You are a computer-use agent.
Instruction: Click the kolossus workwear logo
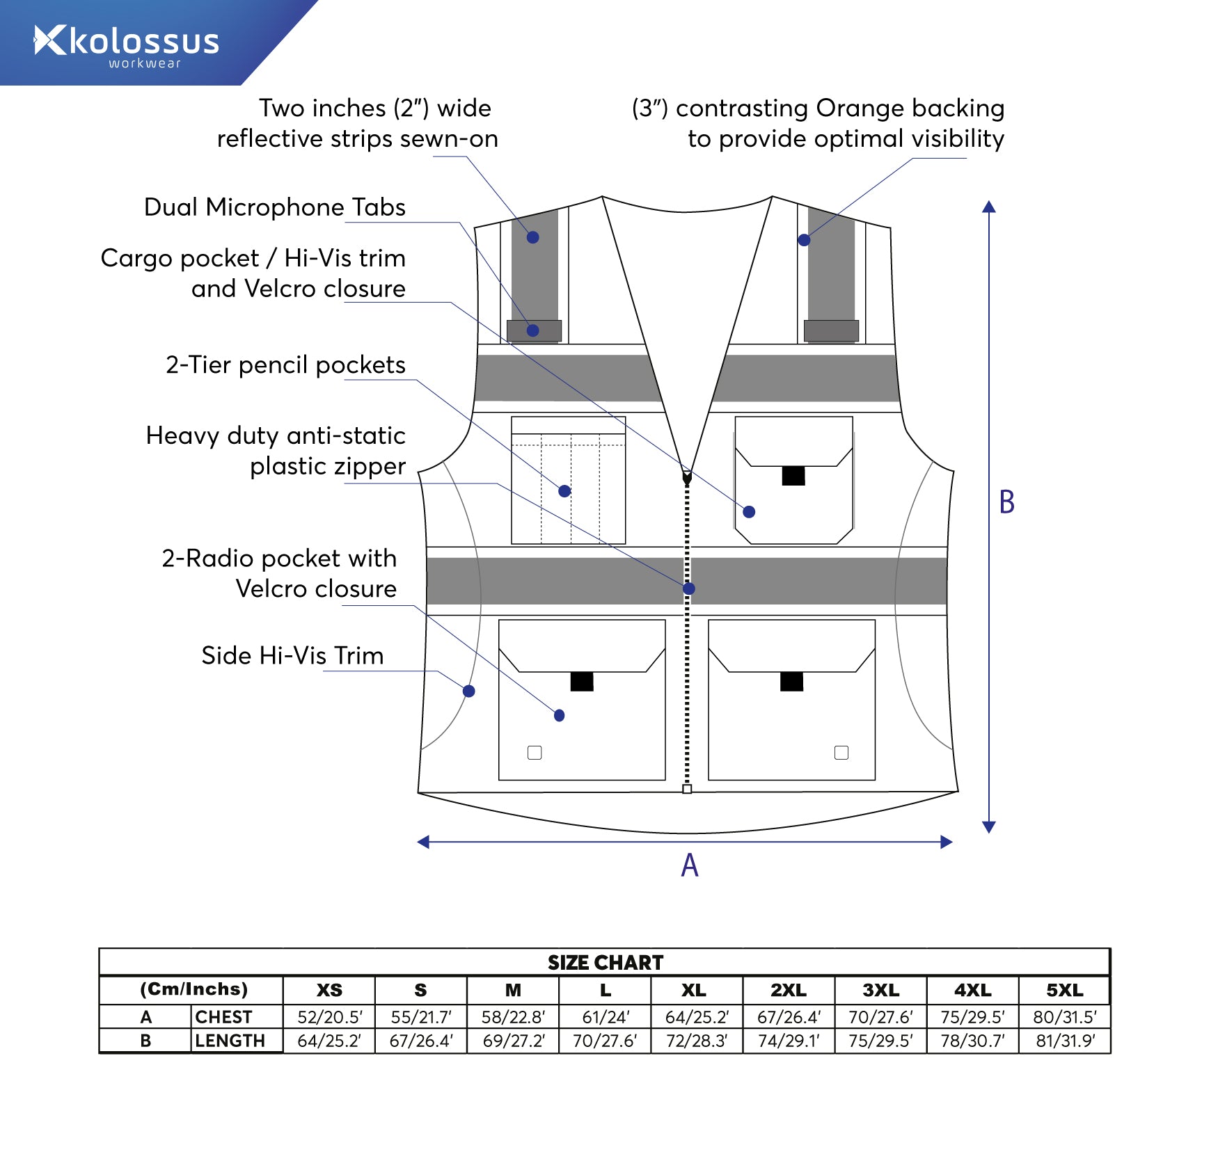127,44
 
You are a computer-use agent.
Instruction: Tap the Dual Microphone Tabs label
274,207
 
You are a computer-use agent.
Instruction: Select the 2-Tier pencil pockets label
285,365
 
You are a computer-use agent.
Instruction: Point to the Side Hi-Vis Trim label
292,656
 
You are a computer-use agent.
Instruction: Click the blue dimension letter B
1006,502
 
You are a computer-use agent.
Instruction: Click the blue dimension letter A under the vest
689,865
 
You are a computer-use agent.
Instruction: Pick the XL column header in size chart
693,990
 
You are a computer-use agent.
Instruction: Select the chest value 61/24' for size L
606,1017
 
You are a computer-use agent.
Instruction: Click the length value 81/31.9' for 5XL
1065,1041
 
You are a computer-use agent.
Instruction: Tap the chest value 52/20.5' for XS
329,1017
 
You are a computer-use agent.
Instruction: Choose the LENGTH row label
230,1041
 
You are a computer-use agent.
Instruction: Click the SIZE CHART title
606,963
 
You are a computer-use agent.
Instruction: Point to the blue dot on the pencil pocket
564,491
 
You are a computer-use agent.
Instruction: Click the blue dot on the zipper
689,589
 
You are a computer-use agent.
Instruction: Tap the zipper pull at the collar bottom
687,478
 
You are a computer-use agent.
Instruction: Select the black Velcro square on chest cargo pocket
793,476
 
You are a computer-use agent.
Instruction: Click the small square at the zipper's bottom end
687,789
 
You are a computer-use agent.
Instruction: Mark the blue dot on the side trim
469,691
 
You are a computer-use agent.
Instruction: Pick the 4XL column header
972,990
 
